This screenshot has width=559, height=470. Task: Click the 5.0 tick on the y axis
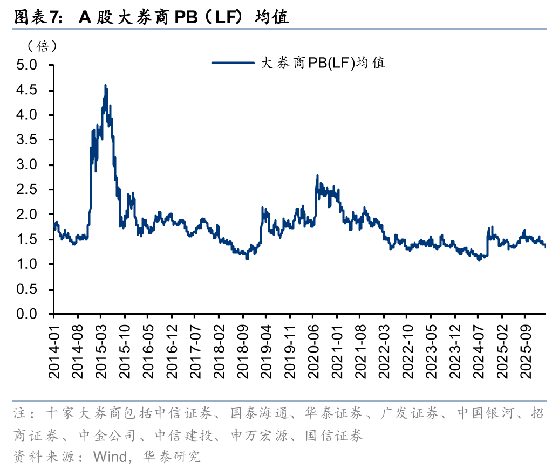(x=26, y=65)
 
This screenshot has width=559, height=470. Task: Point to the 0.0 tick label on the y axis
(x=26, y=314)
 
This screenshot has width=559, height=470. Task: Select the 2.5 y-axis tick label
(x=26, y=190)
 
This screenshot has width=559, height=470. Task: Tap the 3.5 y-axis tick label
(x=26, y=140)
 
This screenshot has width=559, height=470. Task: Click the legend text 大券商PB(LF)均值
(x=323, y=63)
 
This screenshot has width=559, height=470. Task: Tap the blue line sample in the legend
(x=233, y=63)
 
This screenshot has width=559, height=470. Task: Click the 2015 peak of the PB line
(x=106, y=85)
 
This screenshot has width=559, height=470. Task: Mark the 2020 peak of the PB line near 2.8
(x=317, y=175)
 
